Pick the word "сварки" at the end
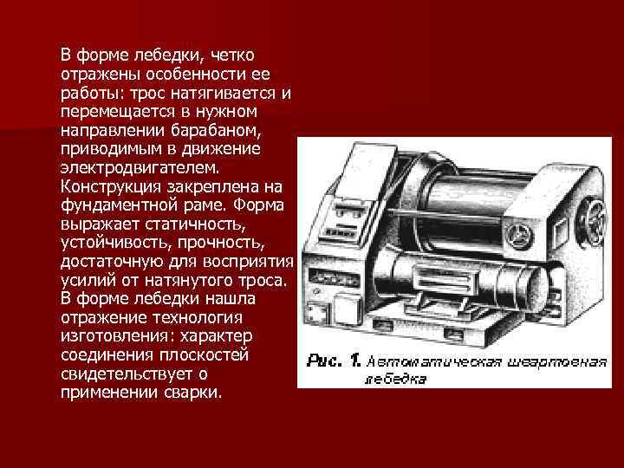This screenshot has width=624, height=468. click(x=194, y=393)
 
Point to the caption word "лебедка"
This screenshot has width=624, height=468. click(x=395, y=379)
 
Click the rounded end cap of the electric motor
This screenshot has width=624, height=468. click(x=531, y=289)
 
